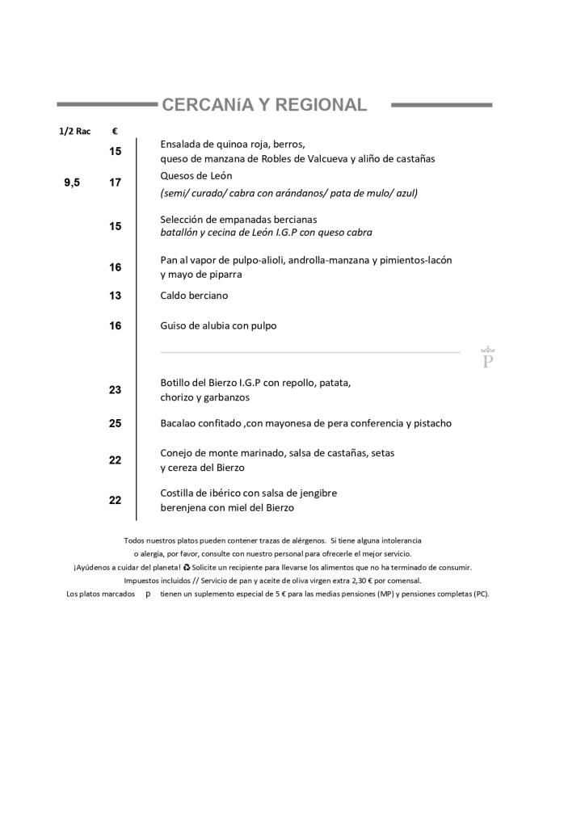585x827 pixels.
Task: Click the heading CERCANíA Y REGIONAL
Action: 264,105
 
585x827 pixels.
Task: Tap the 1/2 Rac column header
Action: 74,131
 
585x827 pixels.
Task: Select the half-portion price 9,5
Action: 72,183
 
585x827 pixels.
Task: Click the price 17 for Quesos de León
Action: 116,183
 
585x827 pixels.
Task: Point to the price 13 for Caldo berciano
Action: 116,296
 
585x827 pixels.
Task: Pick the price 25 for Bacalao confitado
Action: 116,423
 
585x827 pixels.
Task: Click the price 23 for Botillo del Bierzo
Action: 116,389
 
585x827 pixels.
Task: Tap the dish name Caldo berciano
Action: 194,296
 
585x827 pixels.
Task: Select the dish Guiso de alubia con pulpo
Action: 218,325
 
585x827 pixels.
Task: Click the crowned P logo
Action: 487,358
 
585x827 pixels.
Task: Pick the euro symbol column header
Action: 115,131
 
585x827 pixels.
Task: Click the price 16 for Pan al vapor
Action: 116,267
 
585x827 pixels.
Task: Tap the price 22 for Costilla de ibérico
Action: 116,500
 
